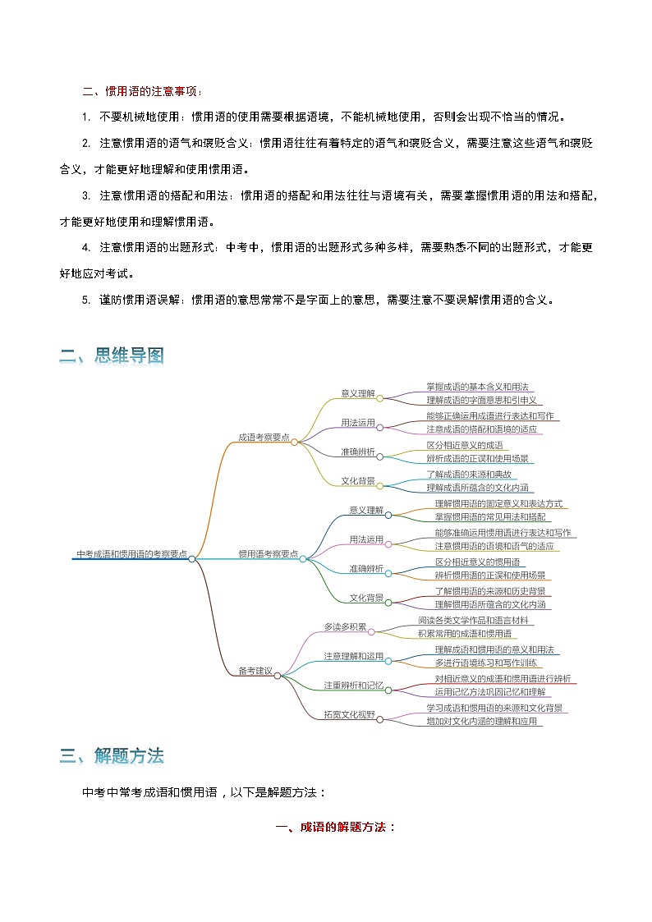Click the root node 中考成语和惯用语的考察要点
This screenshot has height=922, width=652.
pyautogui.click(x=131, y=554)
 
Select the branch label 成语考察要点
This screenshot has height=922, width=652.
pyautogui.click(x=264, y=438)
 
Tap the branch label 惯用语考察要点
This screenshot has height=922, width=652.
pyautogui.click(x=268, y=554)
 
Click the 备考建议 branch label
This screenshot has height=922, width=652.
pyautogui.click(x=255, y=671)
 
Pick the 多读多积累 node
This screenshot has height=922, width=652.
pyautogui.click(x=345, y=627)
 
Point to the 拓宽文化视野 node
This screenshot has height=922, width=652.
pyautogui.click(x=349, y=715)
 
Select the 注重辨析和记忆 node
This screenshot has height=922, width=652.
pyautogui.click(x=353, y=686)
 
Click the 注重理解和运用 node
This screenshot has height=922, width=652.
pyautogui.click(x=353, y=657)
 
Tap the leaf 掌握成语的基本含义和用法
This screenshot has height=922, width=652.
pyautogui.click(x=477, y=387)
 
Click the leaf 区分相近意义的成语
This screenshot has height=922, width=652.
pyautogui.click(x=464, y=445)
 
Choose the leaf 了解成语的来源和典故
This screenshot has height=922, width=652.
pyautogui.click(x=469, y=475)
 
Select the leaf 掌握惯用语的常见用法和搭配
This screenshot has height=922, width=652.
pyautogui.click(x=489, y=517)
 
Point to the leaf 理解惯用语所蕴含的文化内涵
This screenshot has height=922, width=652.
pyautogui.click(x=492, y=605)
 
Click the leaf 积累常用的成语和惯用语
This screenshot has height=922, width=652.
pyautogui.click(x=464, y=634)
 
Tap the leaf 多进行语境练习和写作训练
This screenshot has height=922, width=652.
pyautogui.click(x=486, y=663)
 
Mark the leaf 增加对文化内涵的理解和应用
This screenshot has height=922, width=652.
pyautogui.click(x=484, y=722)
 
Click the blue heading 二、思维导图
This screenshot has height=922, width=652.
pyautogui.click(x=112, y=355)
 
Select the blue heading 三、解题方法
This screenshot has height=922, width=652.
pyautogui.click(x=112, y=756)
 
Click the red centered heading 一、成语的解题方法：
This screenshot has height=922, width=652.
pyautogui.click(x=335, y=827)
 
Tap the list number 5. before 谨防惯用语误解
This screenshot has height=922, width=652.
pyautogui.click(x=86, y=300)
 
